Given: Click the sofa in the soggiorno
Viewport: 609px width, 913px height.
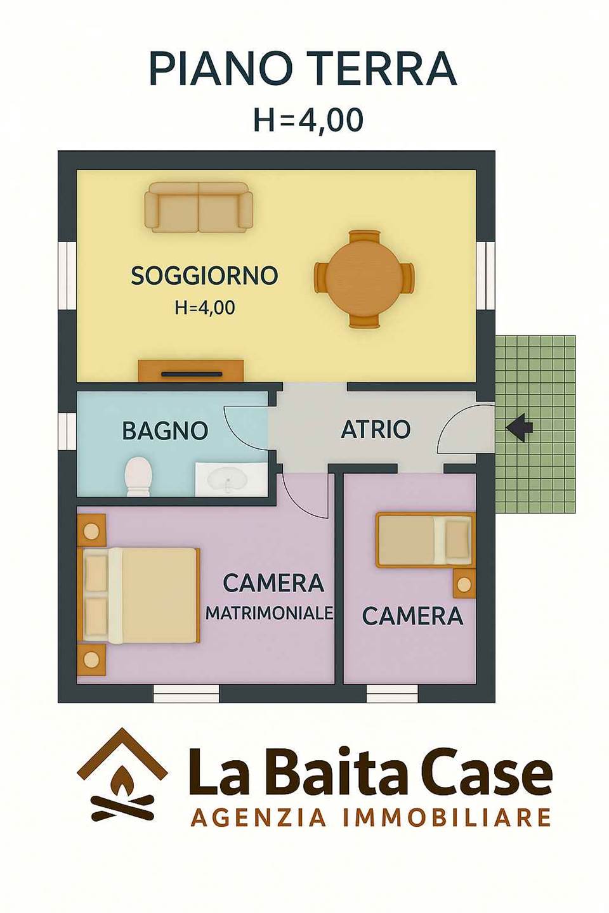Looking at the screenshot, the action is (x=199, y=207).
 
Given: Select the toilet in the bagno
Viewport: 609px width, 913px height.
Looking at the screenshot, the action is (x=138, y=477).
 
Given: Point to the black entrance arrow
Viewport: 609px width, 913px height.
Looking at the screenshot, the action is (x=520, y=427).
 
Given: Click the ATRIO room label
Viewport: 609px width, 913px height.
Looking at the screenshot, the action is (x=376, y=429).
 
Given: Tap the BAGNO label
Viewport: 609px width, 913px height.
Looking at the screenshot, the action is (x=165, y=431).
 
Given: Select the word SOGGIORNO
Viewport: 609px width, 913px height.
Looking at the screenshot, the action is (x=204, y=276).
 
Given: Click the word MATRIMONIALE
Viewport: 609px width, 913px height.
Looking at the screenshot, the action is (x=270, y=612).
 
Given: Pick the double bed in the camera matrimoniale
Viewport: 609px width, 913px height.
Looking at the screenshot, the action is (x=141, y=595).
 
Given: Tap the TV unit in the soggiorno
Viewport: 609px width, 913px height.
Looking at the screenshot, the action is (x=191, y=370).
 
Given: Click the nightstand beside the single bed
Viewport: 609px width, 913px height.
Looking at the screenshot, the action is (x=464, y=583).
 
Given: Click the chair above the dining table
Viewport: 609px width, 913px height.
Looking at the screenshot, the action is (x=364, y=237).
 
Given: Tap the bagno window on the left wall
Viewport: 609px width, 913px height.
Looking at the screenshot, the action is (x=68, y=432).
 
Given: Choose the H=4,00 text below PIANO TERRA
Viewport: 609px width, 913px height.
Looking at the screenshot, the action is (x=308, y=120).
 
